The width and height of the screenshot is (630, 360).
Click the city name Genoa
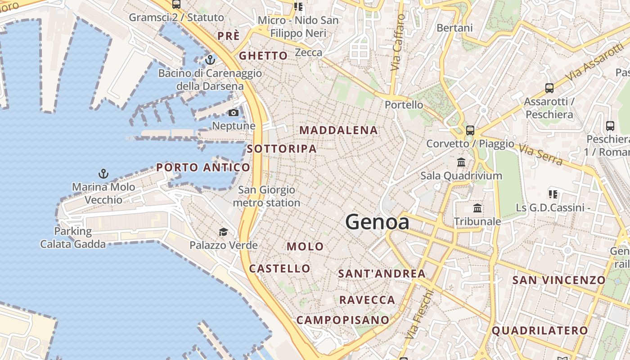(x=377, y=222)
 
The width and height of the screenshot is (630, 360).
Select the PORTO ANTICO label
(x=203, y=168)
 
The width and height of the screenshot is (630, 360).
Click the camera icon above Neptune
(x=234, y=113)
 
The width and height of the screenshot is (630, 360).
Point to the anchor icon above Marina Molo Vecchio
(x=103, y=173)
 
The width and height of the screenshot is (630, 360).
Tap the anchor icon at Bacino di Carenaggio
(x=210, y=59)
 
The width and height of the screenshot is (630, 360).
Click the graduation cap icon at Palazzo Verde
(x=223, y=232)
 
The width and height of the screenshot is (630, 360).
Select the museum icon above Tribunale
(x=477, y=208)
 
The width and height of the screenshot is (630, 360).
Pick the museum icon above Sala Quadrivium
(x=461, y=162)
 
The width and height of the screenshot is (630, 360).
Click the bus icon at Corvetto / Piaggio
(x=470, y=130)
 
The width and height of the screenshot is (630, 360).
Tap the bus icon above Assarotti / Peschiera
(x=549, y=88)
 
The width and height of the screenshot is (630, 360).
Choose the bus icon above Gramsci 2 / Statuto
(x=176, y=4)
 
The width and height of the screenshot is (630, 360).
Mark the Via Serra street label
(x=540, y=154)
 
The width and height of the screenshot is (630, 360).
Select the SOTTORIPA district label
(x=282, y=149)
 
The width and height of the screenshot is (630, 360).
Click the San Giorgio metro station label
(x=266, y=197)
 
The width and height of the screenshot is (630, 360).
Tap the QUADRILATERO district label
(x=540, y=331)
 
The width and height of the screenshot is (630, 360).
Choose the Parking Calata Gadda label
(x=73, y=238)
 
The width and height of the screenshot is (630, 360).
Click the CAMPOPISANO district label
(x=343, y=320)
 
